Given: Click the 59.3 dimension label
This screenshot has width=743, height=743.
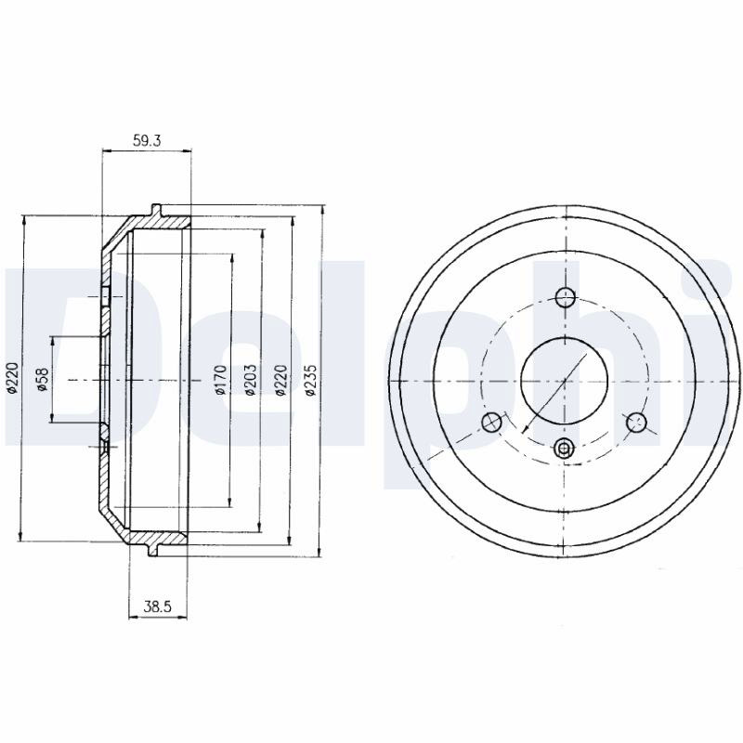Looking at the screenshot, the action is click(x=148, y=140).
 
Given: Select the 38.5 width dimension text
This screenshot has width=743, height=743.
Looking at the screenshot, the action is click(x=157, y=606).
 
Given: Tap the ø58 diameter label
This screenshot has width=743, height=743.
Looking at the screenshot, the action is click(x=42, y=380).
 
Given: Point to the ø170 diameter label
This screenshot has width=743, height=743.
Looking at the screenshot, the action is click(x=221, y=380).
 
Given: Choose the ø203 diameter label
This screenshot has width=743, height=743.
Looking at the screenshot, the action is click(x=250, y=380).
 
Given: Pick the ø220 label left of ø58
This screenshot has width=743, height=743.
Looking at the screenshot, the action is click(x=12, y=378).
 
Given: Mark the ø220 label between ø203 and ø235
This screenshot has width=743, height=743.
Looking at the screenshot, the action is click(x=281, y=380).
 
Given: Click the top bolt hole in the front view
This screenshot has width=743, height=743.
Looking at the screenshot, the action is click(x=565, y=298).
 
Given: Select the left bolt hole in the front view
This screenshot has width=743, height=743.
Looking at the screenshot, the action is click(x=492, y=423).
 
